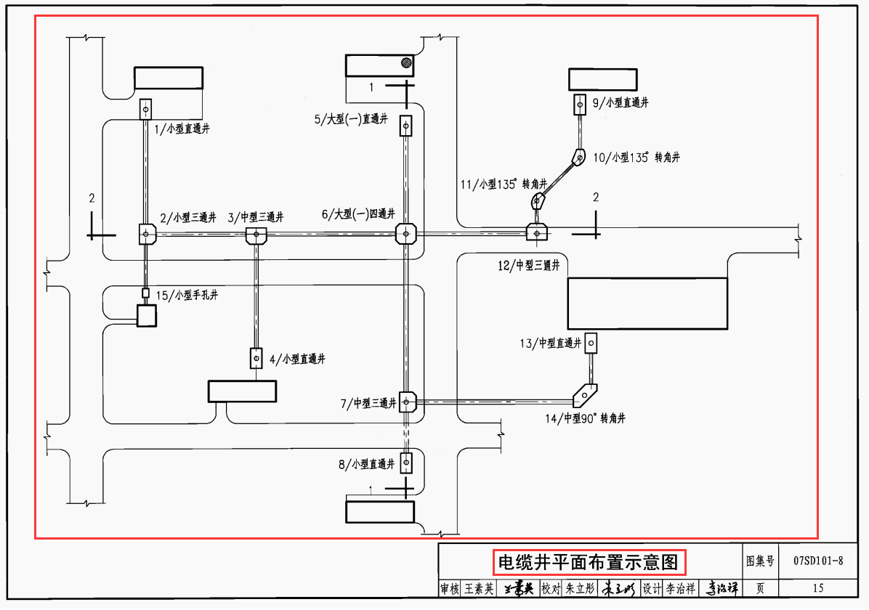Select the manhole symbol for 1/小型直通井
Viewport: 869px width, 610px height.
[x=145, y=110]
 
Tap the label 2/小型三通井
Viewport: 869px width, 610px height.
[x=188, y=217]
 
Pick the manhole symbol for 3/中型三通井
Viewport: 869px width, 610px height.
[x=256, y=235]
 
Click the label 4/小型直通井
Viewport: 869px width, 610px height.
[x=297, y=359]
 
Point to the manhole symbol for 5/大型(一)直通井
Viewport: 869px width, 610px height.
[x=405, y=126]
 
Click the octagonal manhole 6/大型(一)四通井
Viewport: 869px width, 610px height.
[x=405, y=234]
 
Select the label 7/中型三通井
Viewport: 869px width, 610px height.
[x=367, y=403]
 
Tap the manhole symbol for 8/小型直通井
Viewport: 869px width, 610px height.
[x=405, y=462]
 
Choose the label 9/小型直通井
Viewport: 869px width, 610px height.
[x=621, y=103]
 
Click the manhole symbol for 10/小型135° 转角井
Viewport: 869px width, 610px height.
[x=579, y=156]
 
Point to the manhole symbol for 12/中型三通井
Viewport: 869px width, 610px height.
[x=537, y=232]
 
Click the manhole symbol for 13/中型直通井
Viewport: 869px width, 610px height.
[x=591, y=341]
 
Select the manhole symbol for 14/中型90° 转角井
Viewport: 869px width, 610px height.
[x=584, y=395]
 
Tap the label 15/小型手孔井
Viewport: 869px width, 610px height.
[x=187, y=295]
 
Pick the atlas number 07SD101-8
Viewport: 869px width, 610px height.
[x=818, y=561]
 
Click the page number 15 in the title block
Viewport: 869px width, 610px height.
[x=818, y=588]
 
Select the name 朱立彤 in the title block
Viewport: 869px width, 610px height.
[x=580, y=588]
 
